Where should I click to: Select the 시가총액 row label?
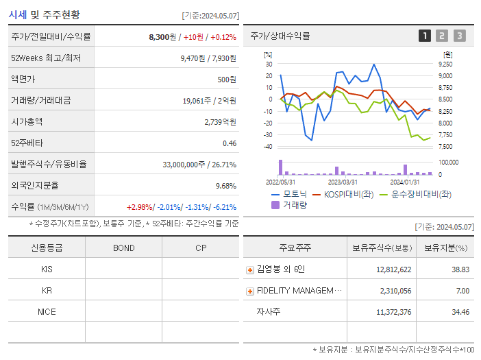coord(27,122)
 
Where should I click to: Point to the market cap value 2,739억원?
coord(220,122)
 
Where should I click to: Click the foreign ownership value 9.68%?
coord(225,186)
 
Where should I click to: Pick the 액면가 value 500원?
coord(226,80)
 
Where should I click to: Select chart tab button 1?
coord(425,36)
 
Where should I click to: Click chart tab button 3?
coord(459,36)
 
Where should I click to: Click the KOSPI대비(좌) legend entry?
coord(347,194)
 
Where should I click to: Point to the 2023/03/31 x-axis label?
coord(343,182)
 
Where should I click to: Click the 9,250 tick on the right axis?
coord(445,64)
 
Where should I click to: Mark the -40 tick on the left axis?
coord(268,146)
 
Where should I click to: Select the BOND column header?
coord(123,248)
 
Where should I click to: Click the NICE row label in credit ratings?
coord(47,311)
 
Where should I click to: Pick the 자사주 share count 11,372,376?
coord(394,312)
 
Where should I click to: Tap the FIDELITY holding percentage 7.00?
coord(463,291)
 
